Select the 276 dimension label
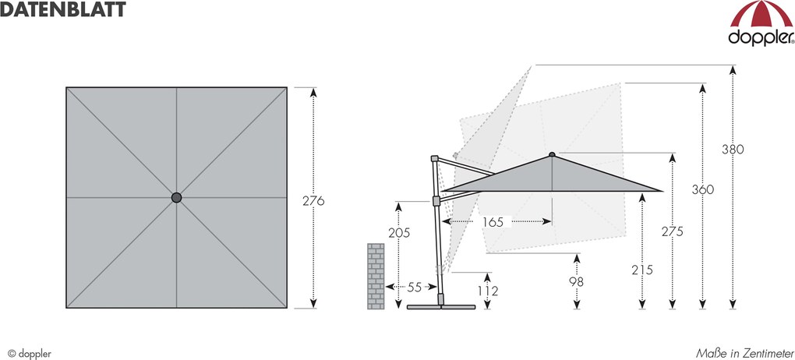(313, 200)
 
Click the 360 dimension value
(703, 189)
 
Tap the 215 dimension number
(642, 270)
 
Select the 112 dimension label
(488, 291)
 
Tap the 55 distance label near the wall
(414, 287)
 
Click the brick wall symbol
(376, 276)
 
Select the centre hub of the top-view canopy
(176, 198)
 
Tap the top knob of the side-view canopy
(552, 154)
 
